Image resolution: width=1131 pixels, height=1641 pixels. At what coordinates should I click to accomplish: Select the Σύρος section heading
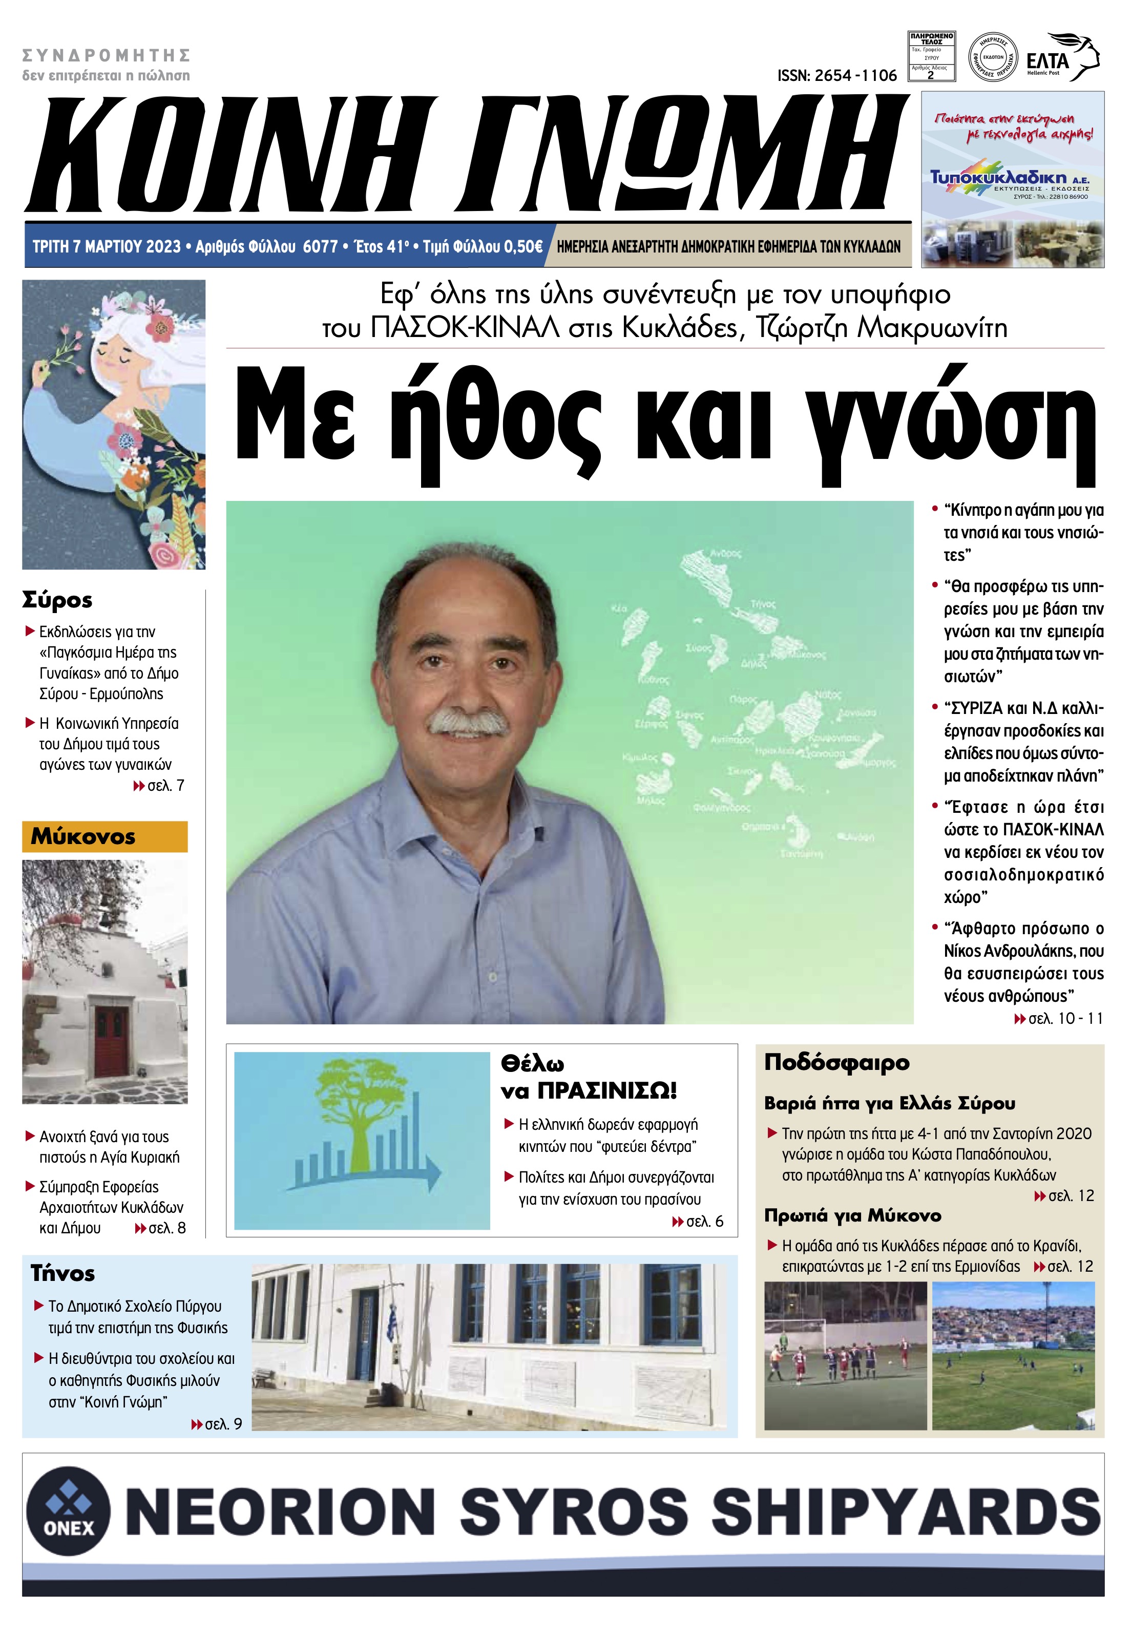tap(57, 600)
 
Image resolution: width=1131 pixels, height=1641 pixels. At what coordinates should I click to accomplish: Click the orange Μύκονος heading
tap(83, 837)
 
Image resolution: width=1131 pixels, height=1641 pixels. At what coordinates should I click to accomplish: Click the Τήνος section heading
tap(62, 1274)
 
